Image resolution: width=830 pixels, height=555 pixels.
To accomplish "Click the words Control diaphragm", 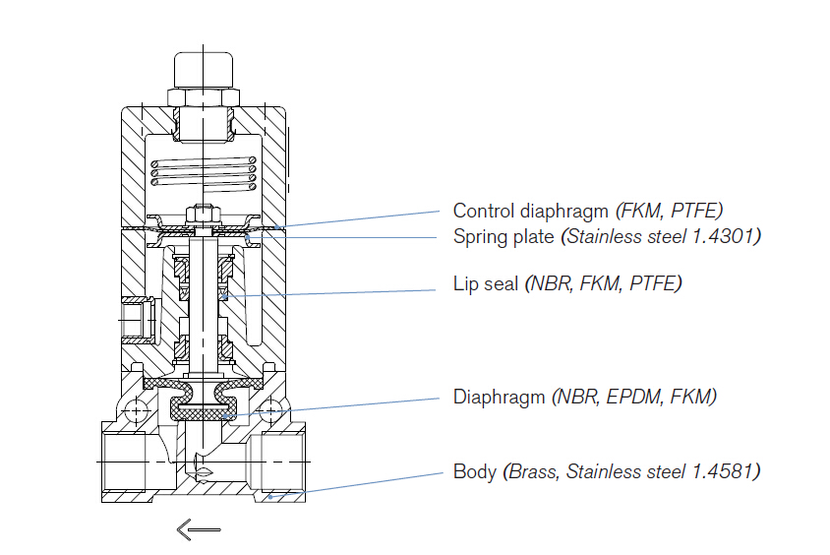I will [532, 211].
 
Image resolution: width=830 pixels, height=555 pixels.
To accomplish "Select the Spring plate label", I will [504, 237].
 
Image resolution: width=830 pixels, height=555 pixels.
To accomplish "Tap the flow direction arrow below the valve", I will [198, 529].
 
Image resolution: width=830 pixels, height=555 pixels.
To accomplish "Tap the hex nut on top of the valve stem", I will [203, 211].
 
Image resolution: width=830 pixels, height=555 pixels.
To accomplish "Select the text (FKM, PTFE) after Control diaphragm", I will [669, 211].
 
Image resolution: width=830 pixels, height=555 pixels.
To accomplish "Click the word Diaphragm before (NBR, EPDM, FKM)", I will [498, 398].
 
